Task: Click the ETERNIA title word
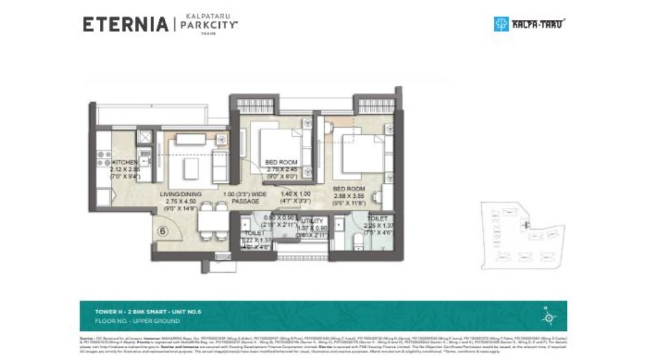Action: point(125,24)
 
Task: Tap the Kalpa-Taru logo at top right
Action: point(529,24)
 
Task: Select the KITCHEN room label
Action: point(125,163)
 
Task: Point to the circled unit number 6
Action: point(163,230)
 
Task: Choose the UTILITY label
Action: point(313,221)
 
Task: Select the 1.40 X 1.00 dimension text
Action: point(294,193)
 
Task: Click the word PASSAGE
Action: point(245,201)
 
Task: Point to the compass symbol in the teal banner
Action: point(549,315)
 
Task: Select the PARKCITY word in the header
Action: point(209,24)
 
